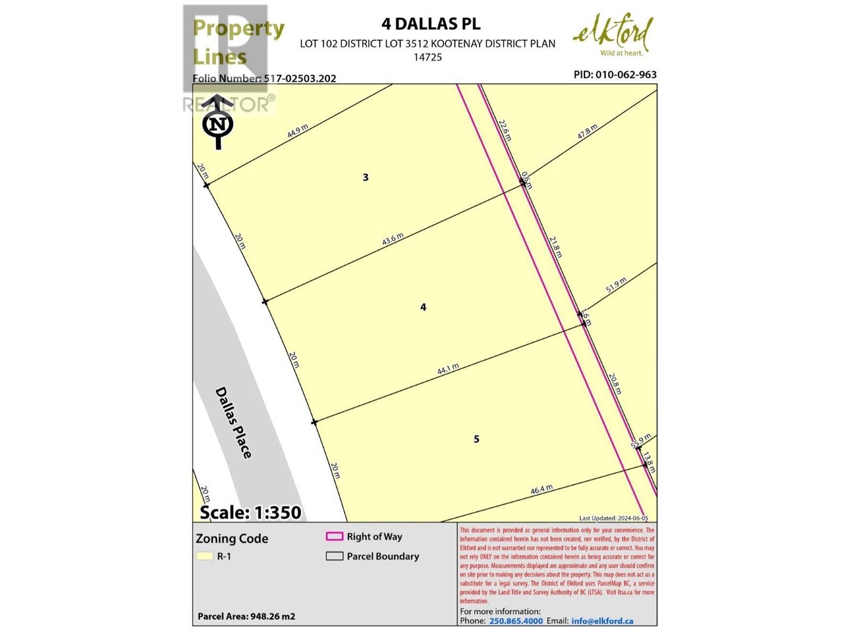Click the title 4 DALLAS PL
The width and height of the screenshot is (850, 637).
click(430, 24)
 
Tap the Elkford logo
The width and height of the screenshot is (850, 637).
click(613, 35)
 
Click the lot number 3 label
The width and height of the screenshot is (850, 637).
click(365, 177)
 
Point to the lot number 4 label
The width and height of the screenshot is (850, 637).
click(423, 307)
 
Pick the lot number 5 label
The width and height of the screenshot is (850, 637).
click(477, 439)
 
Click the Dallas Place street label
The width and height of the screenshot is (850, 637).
click(233, 423)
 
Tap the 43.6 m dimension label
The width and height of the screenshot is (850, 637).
click(393, 239)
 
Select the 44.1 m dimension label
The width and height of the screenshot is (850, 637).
click(448, 369)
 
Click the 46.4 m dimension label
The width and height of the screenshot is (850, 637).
click(541, 489)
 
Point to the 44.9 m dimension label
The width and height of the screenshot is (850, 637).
click(297, 131)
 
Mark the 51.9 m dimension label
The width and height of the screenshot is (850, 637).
click(616, 285)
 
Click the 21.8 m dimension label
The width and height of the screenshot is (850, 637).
click(555, 247)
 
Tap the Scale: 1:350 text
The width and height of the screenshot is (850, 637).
click(250, 512)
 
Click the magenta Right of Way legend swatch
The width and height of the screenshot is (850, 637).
click(334, 537)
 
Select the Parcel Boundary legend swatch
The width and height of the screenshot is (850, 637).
click(334, 556)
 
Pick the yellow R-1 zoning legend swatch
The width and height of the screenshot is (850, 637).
click(205, 556)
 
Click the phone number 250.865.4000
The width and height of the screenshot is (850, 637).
click(516, 621)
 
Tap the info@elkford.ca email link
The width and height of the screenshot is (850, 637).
click(602, 621)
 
